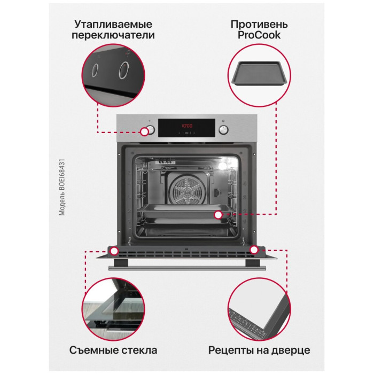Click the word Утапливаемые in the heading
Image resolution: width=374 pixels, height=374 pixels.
(x=113, y=25)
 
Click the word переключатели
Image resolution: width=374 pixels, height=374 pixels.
(x=113, y=35)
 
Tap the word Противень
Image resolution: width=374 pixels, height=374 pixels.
(x=259, y=25)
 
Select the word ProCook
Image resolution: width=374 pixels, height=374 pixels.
(x=259, y=35)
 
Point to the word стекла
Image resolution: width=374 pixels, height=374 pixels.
(x=139, y=350)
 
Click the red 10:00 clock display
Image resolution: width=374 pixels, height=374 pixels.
(x=187, y=126)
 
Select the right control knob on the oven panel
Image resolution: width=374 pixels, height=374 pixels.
(x=223, y=130)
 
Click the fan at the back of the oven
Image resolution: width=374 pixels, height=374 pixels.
(x=187, y=191)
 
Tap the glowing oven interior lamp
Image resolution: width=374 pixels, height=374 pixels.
(x=223, y=165)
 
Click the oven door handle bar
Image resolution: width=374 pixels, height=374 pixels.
(x=187, y=268)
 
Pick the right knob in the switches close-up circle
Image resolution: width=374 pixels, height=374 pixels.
(x=124, y=70)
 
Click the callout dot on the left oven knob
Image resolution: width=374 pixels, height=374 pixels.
(x=144, y=131)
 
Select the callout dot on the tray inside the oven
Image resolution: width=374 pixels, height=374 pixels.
(x=218, y=215)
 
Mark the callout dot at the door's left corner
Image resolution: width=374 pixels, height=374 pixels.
(x=114, y=251)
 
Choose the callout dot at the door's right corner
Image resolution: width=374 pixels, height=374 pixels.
(x=254, y=250)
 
